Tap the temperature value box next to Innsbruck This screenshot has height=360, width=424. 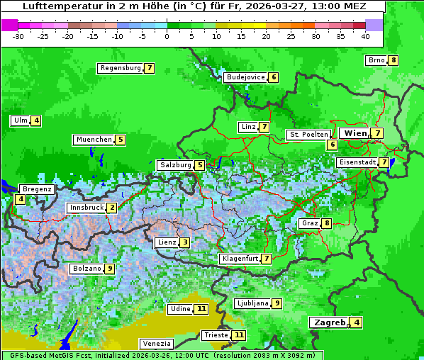click(x=112, y=208)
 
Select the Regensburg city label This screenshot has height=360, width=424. click(x=120, y=68)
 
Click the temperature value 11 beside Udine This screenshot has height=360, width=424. click(x=201, y=309)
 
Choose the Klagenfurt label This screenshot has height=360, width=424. click(x=240, y=259)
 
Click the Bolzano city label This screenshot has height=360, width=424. click(x=87, y=269)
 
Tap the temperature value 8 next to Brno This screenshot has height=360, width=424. click(x=393, y=60)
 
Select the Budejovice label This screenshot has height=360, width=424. click(x=245, y=77)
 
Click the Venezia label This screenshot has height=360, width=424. click(x=156, y=343)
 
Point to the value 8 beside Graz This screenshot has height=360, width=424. click(x=326, y=223)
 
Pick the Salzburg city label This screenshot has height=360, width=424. click(x=175, y=165)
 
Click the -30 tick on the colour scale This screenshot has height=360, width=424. click(x=18, y=36)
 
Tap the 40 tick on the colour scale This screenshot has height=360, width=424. click(x=365, y=36)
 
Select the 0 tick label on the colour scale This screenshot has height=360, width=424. click(x=167, y=36)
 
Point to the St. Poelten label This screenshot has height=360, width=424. click(x=308, y=134)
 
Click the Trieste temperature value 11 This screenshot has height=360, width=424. click(x=239, y=334)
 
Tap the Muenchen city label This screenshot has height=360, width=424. click(x=94, y=140)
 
